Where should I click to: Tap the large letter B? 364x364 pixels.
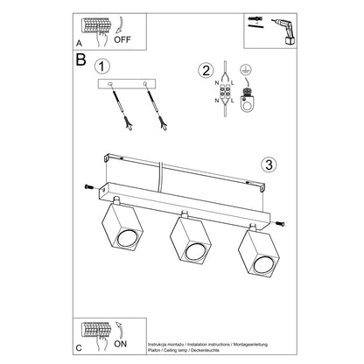tap(81, 62)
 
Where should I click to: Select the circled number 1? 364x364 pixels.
tap(104, 66)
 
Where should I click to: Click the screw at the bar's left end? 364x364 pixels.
tap(90, 186)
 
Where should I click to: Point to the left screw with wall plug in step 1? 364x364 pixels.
tap(119, 111)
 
